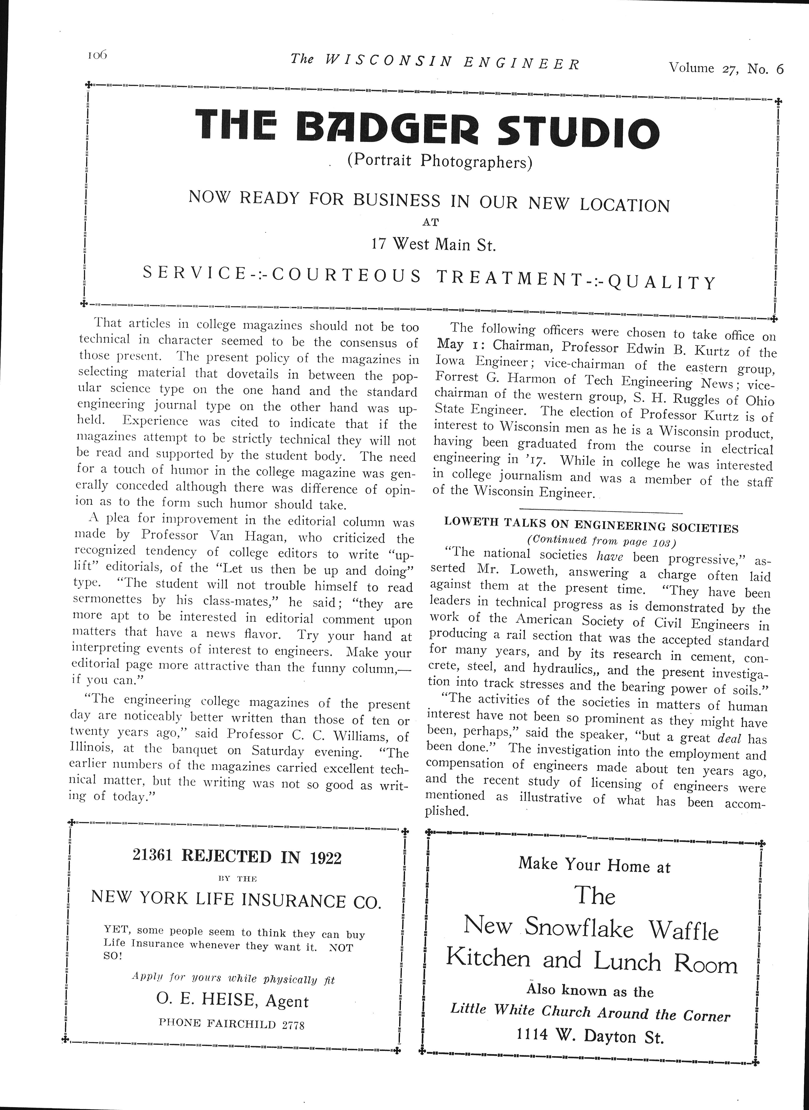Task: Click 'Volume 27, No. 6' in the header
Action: [x=726, y=68]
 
